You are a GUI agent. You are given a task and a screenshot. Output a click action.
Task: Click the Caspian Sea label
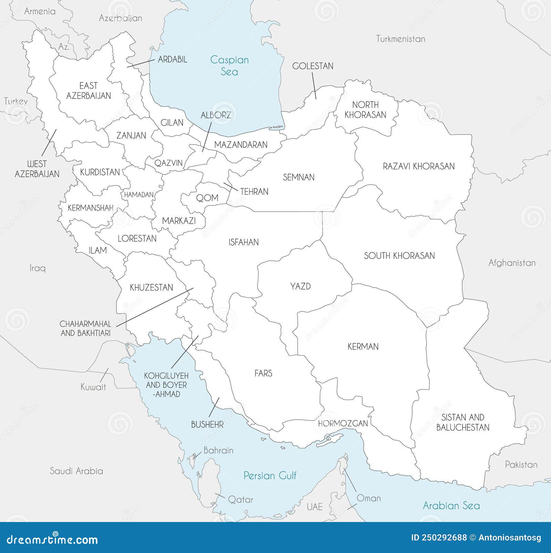pyautogui.click(x=229, y=65)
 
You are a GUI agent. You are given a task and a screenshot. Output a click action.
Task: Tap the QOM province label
pyautogui.click(x=207, y=198)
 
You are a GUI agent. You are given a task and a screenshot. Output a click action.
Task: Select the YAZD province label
pyautogui.click(x=300, y=286)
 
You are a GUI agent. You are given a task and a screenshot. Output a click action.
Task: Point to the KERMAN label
pyautogui.click(x=363, y=346)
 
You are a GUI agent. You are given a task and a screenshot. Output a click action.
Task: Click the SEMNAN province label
pyautogui.click(x=299, y=177)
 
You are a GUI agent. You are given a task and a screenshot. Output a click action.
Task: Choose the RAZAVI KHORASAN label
pyautogui.click(x=419, y=166)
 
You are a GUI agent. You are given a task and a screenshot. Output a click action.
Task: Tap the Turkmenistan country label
pyautogui.click(x=401, y=39)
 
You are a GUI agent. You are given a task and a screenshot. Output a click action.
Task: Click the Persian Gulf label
pyautogui.click(x=270, y=476)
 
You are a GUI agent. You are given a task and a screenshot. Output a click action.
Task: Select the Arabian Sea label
pyautogui.click(x=451, y=505)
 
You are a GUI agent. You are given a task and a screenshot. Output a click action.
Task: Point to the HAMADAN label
pyautogui.click(x=139, y=195)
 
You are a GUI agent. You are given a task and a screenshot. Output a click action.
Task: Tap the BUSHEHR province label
pyautogui.click(x=207, y=425)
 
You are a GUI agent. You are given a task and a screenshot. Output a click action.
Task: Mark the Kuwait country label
pyautogui.click(x=93, y=387)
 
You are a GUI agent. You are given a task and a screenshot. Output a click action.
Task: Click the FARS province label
pyautogui.click(x=263, y=373)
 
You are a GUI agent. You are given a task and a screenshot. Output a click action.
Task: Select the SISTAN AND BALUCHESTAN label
pyautogui.click(x=463, y=422)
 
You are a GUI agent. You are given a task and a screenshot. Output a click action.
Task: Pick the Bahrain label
pyautogui.click(x=218, y=450)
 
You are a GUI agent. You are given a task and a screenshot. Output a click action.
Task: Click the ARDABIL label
pyautogui.click(x=173, y=60)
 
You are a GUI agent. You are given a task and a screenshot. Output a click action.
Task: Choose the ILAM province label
pyautogui.click(x=98, y=250)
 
